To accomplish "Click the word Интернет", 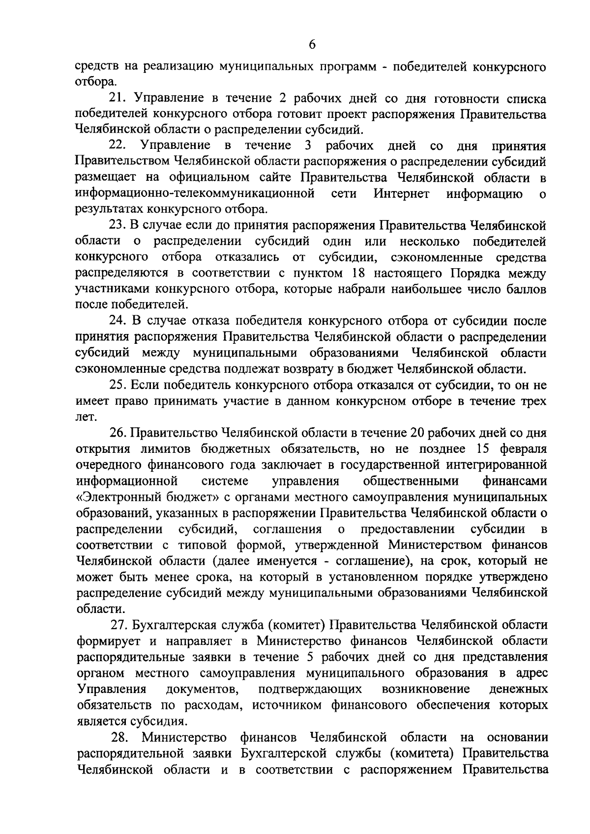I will [x=402, y=194].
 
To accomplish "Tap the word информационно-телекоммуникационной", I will [x=195, y=194].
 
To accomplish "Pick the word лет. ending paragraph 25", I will [x=84, y=417].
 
